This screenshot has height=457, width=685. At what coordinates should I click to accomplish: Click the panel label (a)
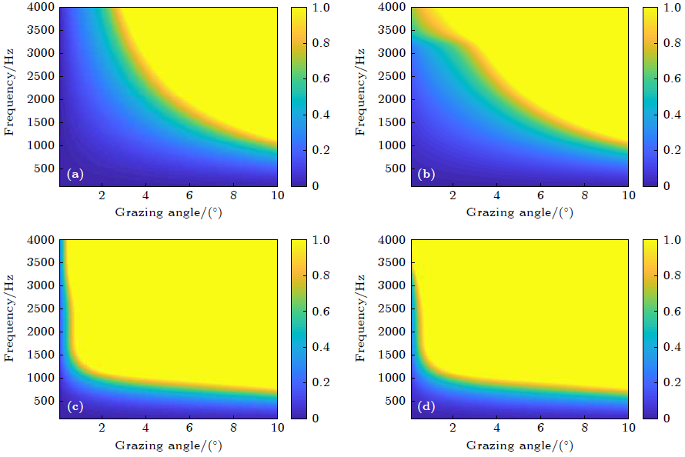click(x=75, y=175)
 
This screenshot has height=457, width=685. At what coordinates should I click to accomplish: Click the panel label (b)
click(x=426, y=175)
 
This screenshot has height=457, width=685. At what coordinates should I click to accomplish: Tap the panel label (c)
click(x=75, y=407)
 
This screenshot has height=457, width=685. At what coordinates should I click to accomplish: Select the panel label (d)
click(x=426, y=407)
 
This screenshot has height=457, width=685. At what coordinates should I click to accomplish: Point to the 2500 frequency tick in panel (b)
click(x=393, y=77)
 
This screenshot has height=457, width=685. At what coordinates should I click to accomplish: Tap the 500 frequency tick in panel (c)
click(x=45, y=402)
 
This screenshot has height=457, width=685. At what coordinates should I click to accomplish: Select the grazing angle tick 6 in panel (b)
click(x=541, y=195)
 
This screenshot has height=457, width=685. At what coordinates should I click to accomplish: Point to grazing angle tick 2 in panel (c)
click(x=102, y=428)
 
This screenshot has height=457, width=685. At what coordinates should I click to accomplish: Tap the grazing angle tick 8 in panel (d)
click(x=585, y=428)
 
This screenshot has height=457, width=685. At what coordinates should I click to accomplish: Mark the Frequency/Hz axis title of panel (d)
click(x=361, y=329)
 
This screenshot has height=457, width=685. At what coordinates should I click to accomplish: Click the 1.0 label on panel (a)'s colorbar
click(x=322, y=8)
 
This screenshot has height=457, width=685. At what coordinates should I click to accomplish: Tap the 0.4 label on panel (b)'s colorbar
click(x=673, y=115)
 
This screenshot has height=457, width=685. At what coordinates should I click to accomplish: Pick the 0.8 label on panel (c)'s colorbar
click(x=322, y=275)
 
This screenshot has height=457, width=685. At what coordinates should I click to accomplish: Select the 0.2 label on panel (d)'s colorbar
click(x=673, y=382)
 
